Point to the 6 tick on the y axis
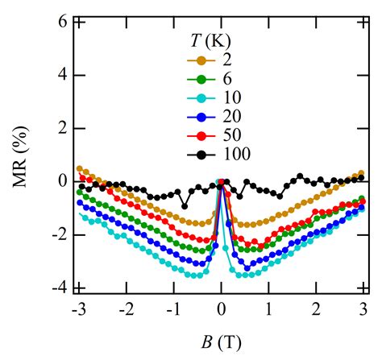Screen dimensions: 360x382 point(60,23)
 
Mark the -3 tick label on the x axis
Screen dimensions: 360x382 point(77,309)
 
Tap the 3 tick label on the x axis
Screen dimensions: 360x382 point(363,309)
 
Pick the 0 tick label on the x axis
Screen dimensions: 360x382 point(222,309)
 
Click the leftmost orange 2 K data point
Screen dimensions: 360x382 point(80,168)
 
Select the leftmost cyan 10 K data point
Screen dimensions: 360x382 point(80,215)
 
